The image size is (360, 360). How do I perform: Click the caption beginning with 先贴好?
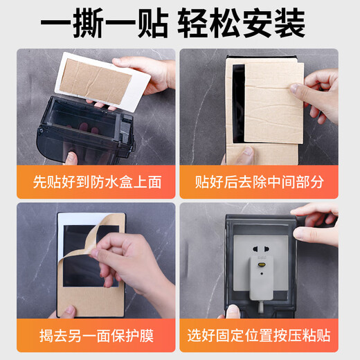[x=97, y=183]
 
